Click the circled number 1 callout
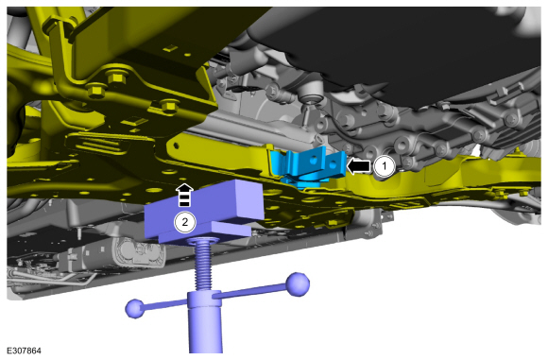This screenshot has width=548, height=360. pyautogui.click(x=385, y=166)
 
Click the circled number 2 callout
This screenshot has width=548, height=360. pyautogui.click(x=184, y=222)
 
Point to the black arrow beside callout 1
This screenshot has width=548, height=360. pyautogui.click(x=358, y=166)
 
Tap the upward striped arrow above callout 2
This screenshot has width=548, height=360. pyautogui.click(x=184, y=195)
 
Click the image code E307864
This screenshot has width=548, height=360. pyautogui.click(x=24, y=351)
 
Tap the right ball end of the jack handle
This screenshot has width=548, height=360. pyautogui.click(x=298, y=284)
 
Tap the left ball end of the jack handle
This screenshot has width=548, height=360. pyautogui.click(x=135, y=309)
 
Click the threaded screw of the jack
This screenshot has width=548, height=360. pyautogui.click(x=204, y=264)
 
